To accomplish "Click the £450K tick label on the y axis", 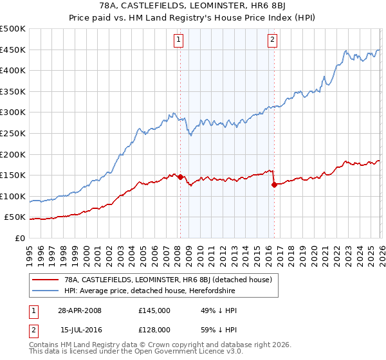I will tap(13, 50).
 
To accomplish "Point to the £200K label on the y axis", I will tap(13, 154).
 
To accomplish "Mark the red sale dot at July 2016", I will tap(274, 184).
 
